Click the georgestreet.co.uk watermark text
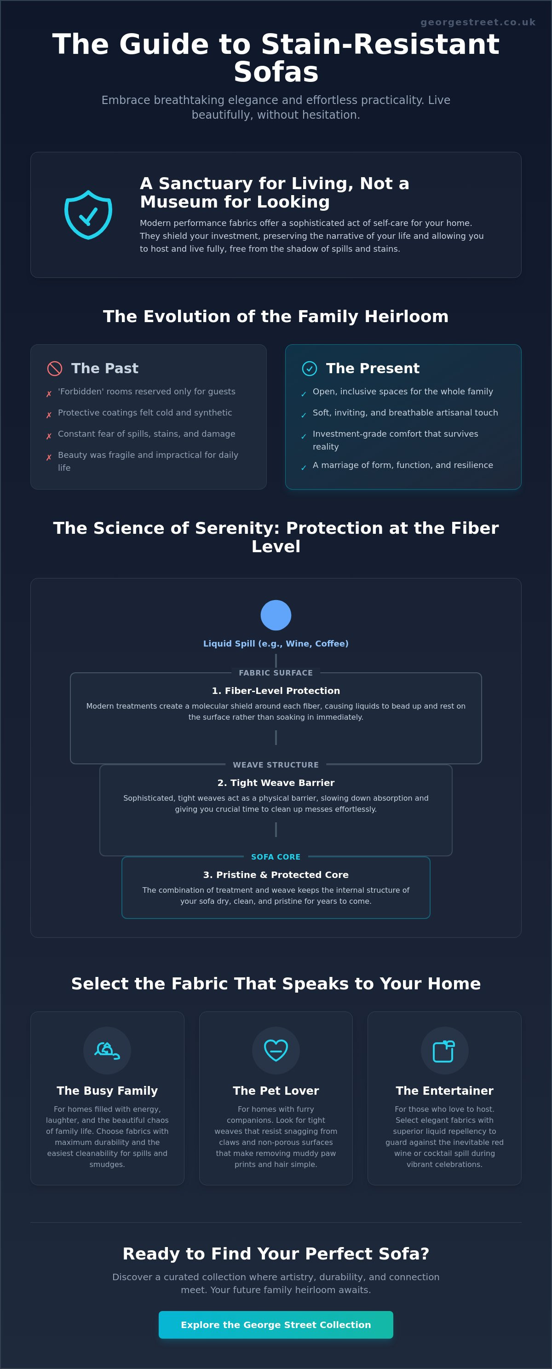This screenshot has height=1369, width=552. click(477, 23)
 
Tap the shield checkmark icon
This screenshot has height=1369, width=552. click(88, 215)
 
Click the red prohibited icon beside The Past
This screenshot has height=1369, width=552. click(55, 368)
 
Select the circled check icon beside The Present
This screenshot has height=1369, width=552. click(309, 368)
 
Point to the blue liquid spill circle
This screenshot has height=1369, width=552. click(276, 615)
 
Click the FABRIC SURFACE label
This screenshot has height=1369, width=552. click(276, 673)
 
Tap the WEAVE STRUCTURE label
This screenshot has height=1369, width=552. click(276, 765)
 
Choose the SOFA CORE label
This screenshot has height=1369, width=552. click(276, 857)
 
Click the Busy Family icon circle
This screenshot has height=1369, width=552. click(107, 1050)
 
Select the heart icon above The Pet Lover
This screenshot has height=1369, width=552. click(276, 1050)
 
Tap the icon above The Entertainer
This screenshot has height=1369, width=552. click(444, 1051)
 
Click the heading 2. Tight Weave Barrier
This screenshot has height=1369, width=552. click(276, 783)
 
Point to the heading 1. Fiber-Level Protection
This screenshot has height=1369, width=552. click(276, 691)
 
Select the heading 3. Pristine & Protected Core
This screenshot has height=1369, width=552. click(276, 875)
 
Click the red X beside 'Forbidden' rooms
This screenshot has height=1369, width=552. click(49, 394)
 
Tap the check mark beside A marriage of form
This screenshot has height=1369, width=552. click(303, 468)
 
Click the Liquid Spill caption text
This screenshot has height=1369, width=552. click(276, 644)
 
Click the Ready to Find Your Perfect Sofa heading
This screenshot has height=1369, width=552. click(276, 1253)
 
